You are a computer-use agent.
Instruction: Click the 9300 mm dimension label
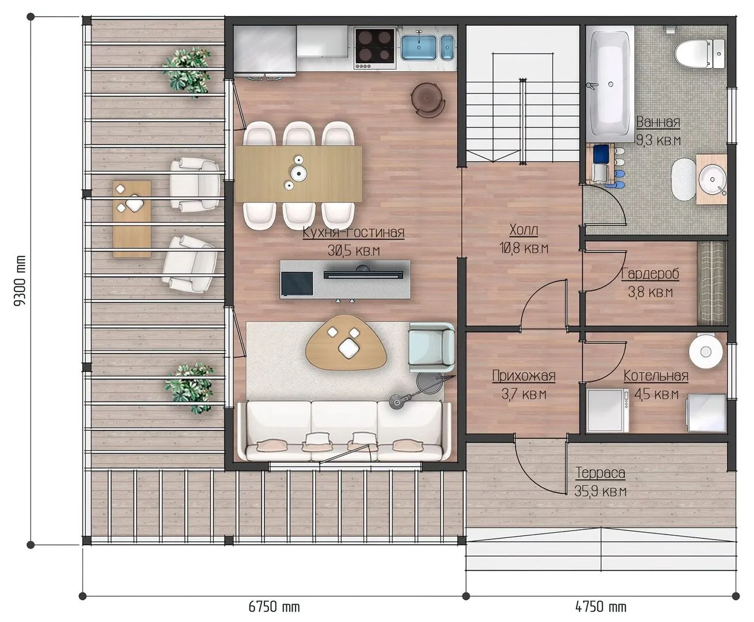click(x=20, y=280)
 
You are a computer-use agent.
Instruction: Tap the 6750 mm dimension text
click(x=274, y=607)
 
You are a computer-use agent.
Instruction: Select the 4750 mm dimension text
click(x=601, y=607)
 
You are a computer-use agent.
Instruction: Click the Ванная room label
click(x=658, y=122)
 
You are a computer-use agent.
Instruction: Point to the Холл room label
click(x=524, y=230)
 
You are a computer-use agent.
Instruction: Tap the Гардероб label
click(x=650, y=274)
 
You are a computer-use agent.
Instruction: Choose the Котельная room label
click(x=656, y=376)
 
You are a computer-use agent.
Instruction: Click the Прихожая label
click(x=524, y=376)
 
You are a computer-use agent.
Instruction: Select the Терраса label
click(x=600, y=472)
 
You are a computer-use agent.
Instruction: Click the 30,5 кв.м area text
click(x=354, y=250)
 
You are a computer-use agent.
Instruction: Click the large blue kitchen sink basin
click(x=419, y=47)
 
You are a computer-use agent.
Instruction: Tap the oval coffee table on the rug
click(x=346, y=342)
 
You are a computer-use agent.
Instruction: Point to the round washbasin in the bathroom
click(x=712, y=180)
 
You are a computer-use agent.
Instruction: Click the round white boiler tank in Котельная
click(x=706, y=351)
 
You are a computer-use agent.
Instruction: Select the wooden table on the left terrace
click(x=132, y=219)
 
